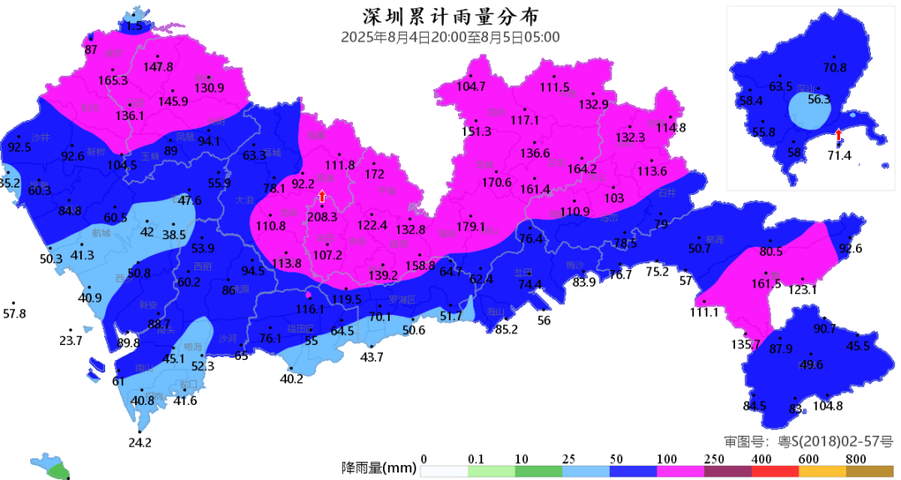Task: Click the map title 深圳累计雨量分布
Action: [450, 17]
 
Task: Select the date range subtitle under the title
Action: [450, 37]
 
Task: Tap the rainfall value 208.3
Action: [322, 217]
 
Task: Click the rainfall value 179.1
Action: [471, 226]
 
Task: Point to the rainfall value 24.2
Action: [140, 442]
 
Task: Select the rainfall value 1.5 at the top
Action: [133, 27]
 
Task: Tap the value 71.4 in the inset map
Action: [838, 156]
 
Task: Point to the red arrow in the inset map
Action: [838, 135]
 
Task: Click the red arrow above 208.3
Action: [322, 197]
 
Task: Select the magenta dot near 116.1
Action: [309, 295]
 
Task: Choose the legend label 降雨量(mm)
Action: [379, 468]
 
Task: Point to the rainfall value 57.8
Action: [15, 314]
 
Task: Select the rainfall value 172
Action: [375, 174]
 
